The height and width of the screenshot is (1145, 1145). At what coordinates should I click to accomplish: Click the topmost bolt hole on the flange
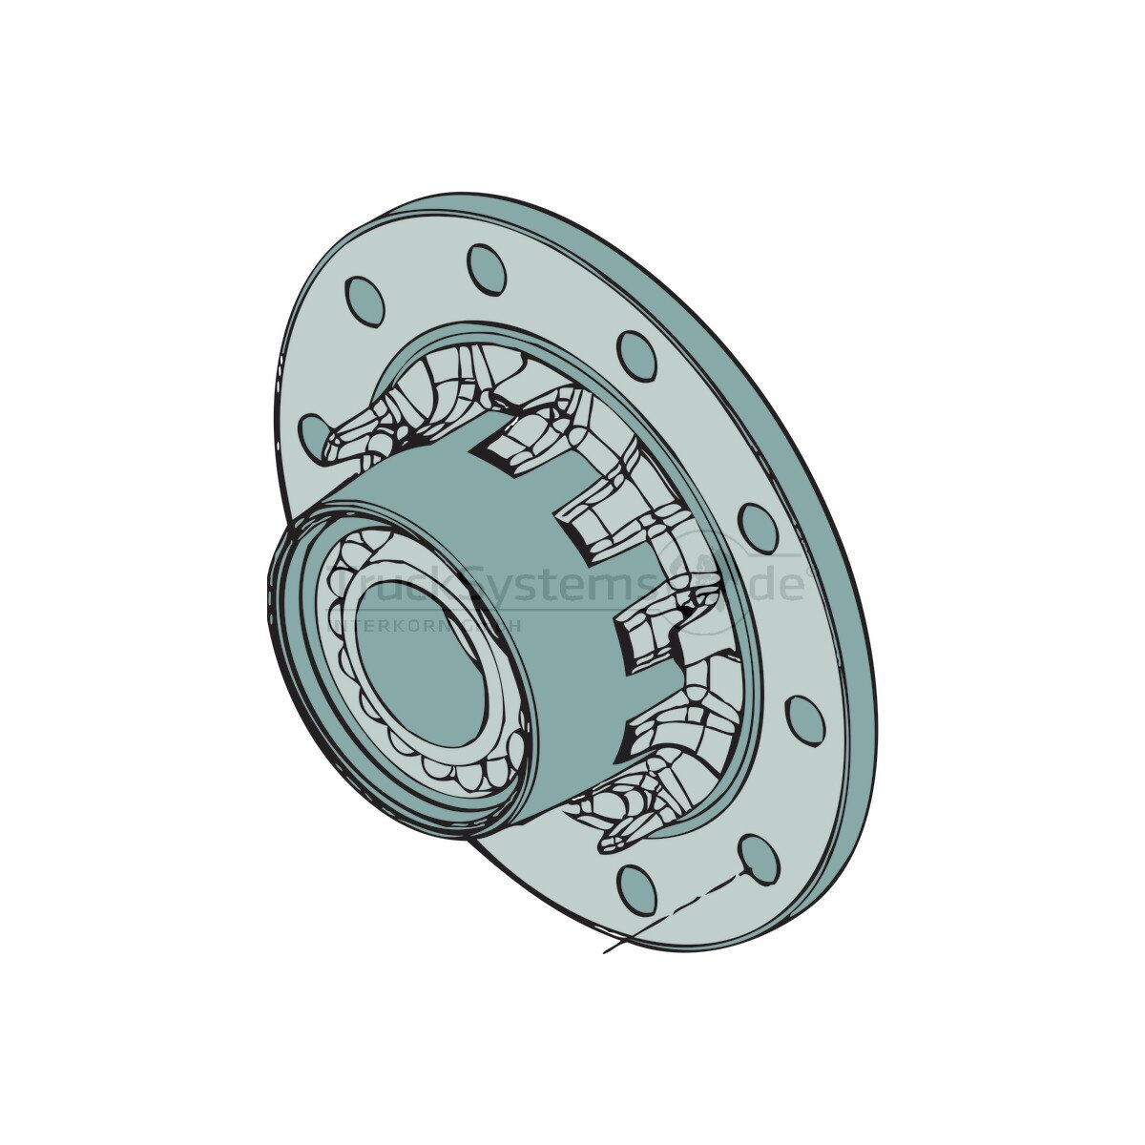tap(486, 269)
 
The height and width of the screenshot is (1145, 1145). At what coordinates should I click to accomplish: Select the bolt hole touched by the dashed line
tap(760, 859)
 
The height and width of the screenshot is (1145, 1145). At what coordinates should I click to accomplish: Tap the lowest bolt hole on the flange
tap(636, 890)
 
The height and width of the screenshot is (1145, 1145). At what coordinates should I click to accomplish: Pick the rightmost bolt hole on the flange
tap(805, 720)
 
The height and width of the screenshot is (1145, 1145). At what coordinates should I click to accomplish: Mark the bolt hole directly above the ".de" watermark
tap(759, 528)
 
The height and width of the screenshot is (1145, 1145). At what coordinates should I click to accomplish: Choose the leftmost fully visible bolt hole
tap(364, 302)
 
